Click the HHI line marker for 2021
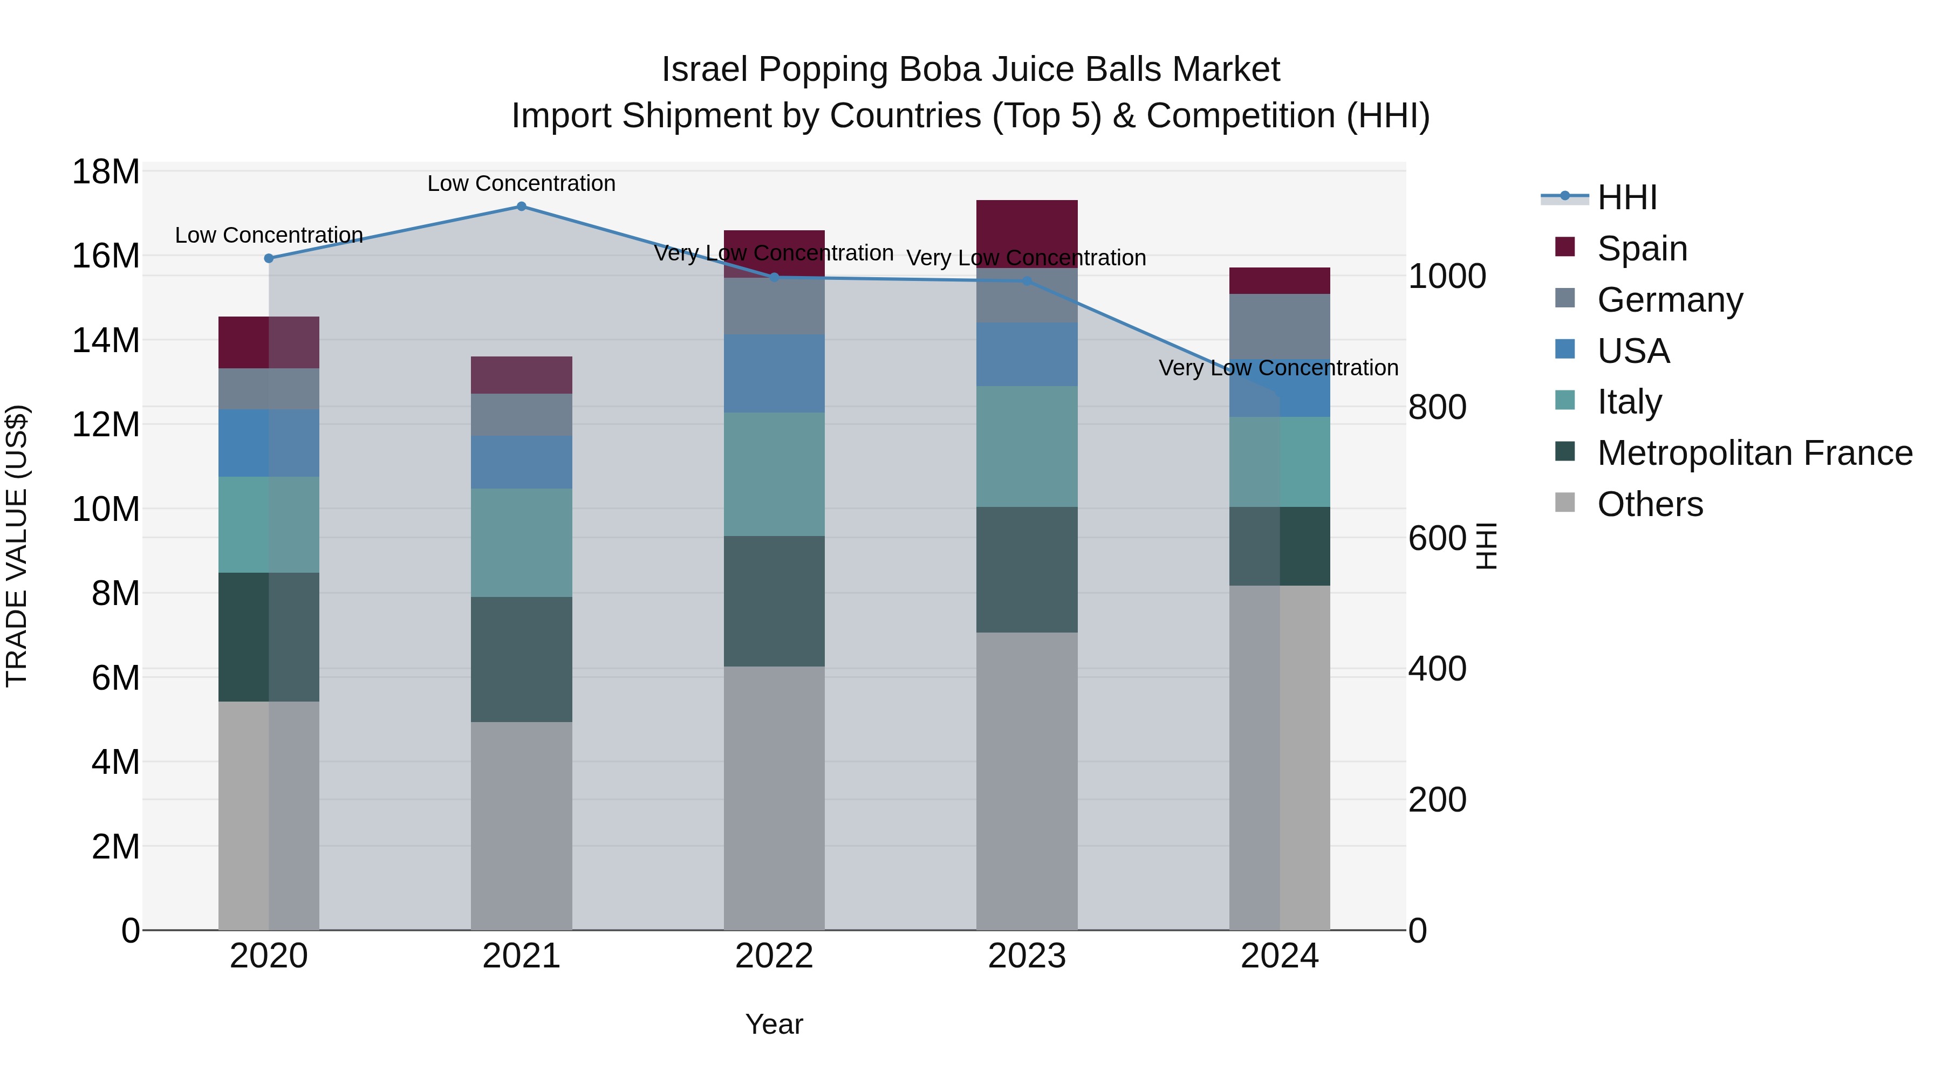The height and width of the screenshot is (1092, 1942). [x=521, y=207]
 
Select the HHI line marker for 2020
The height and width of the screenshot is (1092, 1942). [x=269, y=258]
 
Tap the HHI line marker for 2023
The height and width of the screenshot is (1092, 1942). [x=1027, y=281]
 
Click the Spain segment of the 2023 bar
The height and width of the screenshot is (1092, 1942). [x=1027, y=233]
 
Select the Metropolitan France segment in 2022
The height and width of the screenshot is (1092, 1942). [x=774, y=601]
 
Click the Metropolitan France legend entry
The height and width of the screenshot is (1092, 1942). [x=1754, y=453]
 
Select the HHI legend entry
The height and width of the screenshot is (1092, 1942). [x=1626, y=197]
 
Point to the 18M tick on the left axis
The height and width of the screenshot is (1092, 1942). [x=106, y=172]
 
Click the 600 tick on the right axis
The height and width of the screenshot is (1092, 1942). [x=1437, y=538]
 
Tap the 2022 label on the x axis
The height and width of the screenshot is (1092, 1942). [x=774, y=956]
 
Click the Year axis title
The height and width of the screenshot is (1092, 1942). [x=774, y=1024]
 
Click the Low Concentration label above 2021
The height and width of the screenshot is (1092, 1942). [x=521, y=183]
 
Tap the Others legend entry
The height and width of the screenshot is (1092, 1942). [x=1650, y=504]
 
